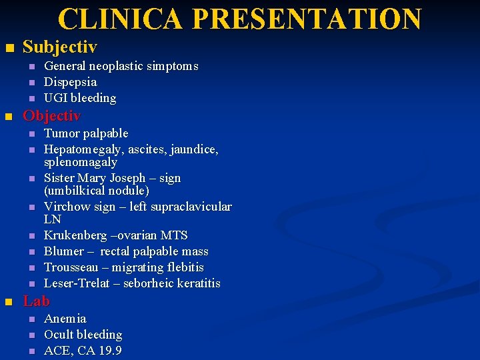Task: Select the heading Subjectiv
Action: click(x=59, y=47)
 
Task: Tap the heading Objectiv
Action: click(x=51, y=116)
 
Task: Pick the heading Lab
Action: click(x=36, y=301)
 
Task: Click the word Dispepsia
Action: click(x=70, y=82)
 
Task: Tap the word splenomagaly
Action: click(x=80, y=162)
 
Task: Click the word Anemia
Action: click(x=65, y=319)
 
